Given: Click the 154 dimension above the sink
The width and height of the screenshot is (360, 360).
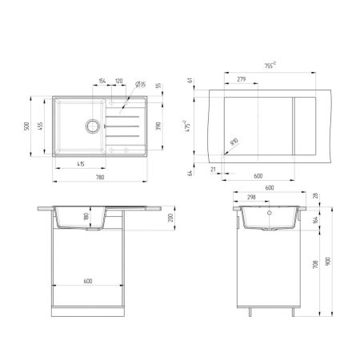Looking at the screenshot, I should coord(102,82).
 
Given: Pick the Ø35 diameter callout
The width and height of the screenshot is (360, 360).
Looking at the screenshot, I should coord(140,83).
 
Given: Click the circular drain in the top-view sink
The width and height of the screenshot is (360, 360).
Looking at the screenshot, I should coord(93,126).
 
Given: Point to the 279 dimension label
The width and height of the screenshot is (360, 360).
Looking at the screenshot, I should coord(241,78).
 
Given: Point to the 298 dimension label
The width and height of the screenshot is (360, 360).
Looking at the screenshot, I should coord(250,196).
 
